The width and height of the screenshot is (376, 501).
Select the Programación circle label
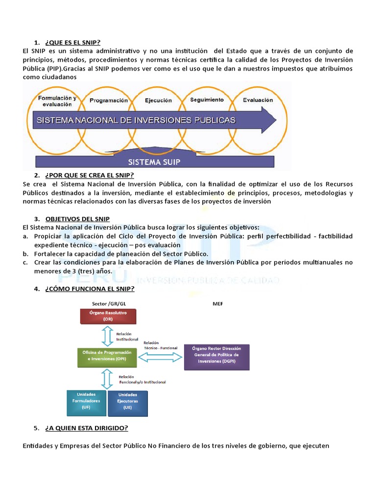pyautogui.click(x=109, y=100)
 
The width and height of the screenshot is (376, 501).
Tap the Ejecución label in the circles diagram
pyautogui.click(x=158, y=100)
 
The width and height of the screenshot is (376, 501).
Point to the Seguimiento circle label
pyautogui.click(x=207, y=99)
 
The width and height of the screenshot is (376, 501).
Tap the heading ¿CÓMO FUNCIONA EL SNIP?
pyautogui.click(x=89, y=289)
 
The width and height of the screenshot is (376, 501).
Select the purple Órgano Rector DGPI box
pyautogui.click(x=216, y=357)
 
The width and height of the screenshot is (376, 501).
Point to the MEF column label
pyautogui.click(x=218, y=304)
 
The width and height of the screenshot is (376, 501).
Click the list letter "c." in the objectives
pyautogui.click(x=25, y=263)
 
